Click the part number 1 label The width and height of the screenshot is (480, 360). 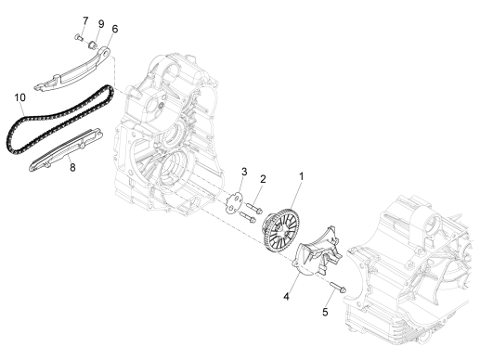300,175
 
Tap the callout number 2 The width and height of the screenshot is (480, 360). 263,179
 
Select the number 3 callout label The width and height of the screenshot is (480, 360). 244,171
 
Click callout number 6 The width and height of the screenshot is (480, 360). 114,29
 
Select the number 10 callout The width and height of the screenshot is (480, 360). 19,96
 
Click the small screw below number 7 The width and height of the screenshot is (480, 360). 79,38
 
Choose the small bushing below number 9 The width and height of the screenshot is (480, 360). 95,41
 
